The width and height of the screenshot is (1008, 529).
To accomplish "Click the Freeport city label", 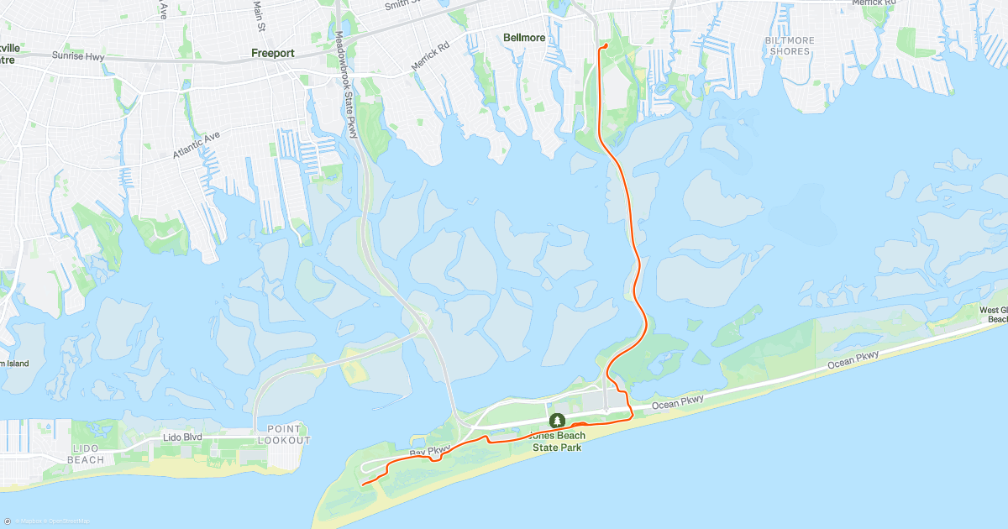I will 272,53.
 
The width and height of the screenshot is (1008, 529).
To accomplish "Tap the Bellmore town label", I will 524,38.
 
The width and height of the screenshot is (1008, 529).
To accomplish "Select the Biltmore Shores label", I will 789,45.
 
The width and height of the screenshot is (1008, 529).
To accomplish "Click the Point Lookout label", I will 284,435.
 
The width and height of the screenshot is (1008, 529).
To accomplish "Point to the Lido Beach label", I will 86,454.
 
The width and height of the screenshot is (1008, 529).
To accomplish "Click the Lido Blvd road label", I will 182,438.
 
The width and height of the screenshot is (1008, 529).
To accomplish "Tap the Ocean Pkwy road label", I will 853,359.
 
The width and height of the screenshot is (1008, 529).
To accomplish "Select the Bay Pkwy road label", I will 430,452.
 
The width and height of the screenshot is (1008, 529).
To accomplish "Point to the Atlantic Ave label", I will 196,145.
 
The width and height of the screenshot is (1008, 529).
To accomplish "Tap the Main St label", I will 260,14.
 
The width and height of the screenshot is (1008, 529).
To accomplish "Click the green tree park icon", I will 556,420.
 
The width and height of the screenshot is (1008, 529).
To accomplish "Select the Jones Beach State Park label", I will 558,442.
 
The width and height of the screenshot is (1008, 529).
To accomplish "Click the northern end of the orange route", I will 605,45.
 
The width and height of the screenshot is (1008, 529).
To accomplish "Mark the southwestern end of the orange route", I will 363,484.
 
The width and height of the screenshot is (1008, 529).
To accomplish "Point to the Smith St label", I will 402,5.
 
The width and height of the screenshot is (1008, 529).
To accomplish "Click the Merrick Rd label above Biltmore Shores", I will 874,3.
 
